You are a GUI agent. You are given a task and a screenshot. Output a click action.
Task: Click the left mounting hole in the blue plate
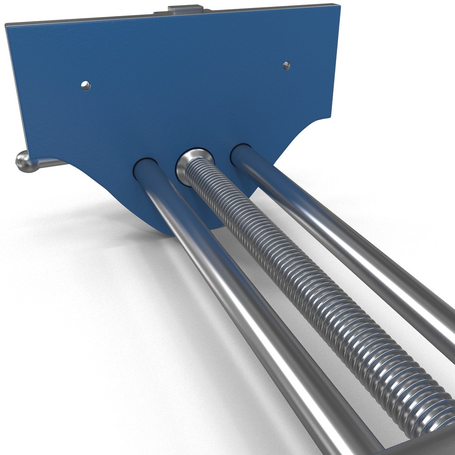point(86,86)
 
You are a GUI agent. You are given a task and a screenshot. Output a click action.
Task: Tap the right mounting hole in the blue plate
point(286,65)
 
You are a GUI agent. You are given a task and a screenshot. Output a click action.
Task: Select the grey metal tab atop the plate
point(184,10)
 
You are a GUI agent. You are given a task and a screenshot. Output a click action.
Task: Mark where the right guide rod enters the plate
point(241,154)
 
